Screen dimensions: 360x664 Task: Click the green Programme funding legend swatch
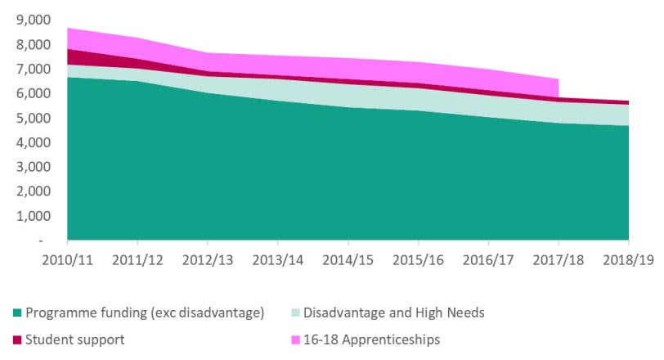17,313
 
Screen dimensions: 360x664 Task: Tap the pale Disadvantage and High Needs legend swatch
295,313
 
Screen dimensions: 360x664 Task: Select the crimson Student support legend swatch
17,340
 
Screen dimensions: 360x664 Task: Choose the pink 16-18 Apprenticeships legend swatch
295,340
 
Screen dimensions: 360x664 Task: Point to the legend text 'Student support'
75,340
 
